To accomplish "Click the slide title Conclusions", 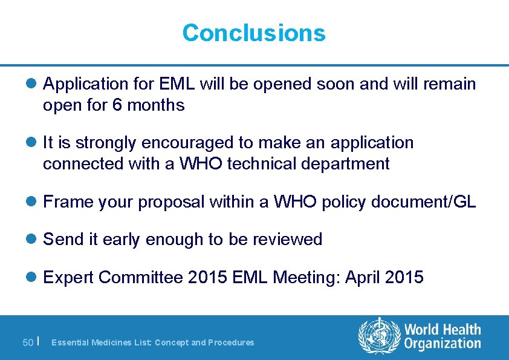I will [254, 33].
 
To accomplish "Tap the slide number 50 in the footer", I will [28, 342].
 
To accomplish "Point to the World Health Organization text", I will [443, 336].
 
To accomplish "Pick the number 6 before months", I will [117, 105].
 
